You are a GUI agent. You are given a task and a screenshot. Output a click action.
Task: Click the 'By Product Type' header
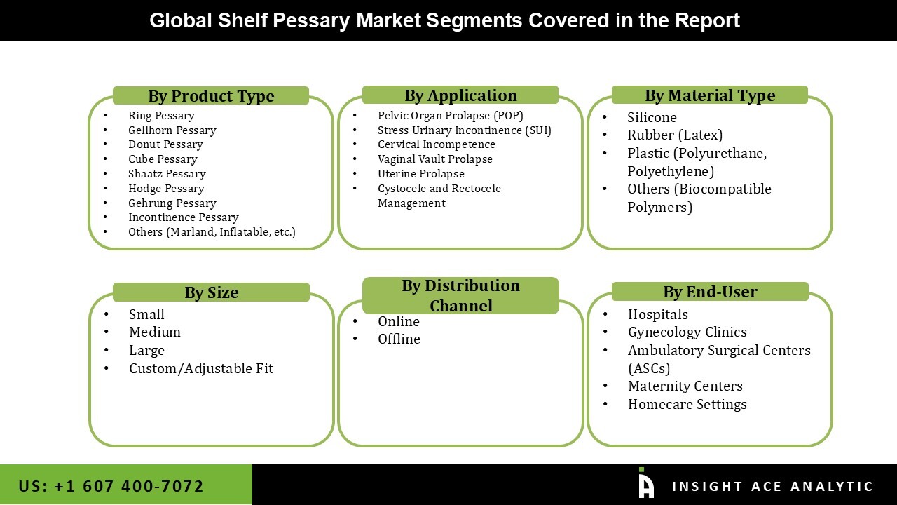click(x=211, y=96)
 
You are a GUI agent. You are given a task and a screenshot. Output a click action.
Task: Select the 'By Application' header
click(x=460, y=95)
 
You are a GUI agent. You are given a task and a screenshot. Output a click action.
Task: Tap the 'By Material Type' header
click(x=710, y=95)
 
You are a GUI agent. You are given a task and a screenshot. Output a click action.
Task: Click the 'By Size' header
click(x=211, y=292)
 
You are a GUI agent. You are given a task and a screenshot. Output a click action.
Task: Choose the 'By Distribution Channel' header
click(x=460, y=295)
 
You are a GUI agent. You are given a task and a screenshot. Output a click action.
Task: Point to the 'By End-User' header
click(x=710, y=292)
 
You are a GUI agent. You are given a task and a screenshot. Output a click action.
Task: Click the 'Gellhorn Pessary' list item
click(x=172, y=130)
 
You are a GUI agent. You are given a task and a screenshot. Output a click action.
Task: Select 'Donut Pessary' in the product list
click(x=165, y=144)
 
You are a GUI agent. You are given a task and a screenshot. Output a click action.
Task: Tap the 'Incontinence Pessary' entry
click(x=183, y=217)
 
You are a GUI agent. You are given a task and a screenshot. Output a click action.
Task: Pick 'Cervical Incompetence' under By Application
click(x=436, y=144)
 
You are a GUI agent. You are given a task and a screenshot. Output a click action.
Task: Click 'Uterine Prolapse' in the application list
click(x=420, y=174)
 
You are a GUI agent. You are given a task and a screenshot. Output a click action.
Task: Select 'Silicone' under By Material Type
click(x=652, y=117)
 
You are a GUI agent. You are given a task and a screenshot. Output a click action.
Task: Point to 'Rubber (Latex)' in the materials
click(x=674, y=135)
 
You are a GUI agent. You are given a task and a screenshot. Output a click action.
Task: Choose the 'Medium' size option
click(x=154, y=332)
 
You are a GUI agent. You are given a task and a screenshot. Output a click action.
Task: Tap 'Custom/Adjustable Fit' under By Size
click(x=200, y=368)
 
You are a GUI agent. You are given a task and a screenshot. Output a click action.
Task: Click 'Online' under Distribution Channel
click(x=398, y=321)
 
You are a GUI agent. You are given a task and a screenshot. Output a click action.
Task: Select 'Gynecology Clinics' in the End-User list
click(x=687, y=332)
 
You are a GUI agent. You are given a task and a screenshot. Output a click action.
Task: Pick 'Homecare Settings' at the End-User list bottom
click(x=687, y=404)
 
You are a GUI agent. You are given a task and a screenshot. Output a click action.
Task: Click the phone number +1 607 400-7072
click(x=111, y=485)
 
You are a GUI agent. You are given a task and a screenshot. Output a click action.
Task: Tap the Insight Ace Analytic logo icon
click(x=646, y=484)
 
